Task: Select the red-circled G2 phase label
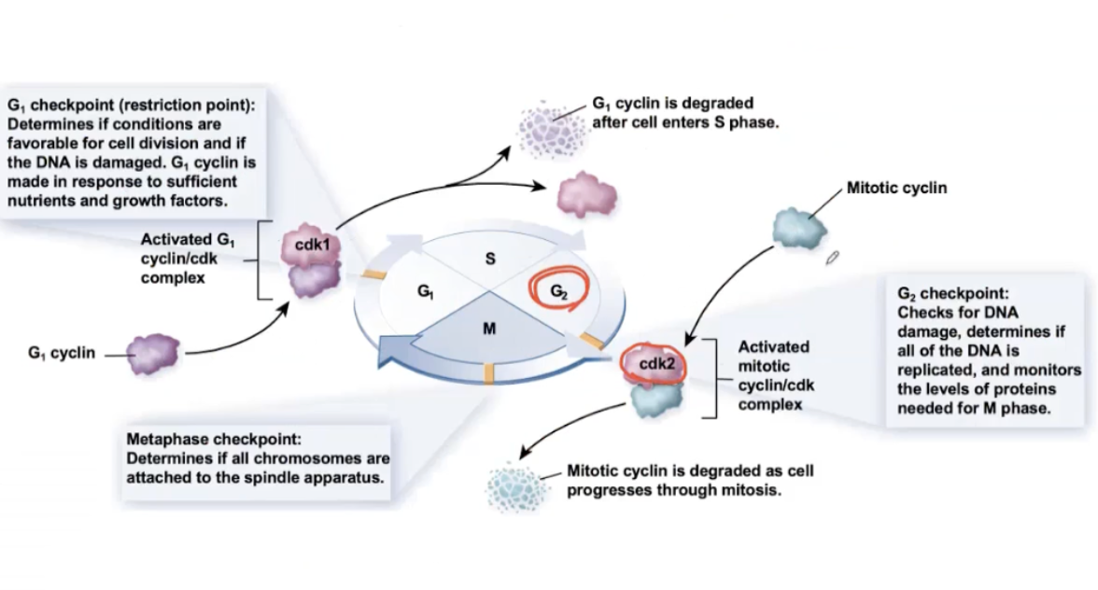(x=557, y=290)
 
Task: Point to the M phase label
(x=488, y=330)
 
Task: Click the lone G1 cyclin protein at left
(x=153, y=355)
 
